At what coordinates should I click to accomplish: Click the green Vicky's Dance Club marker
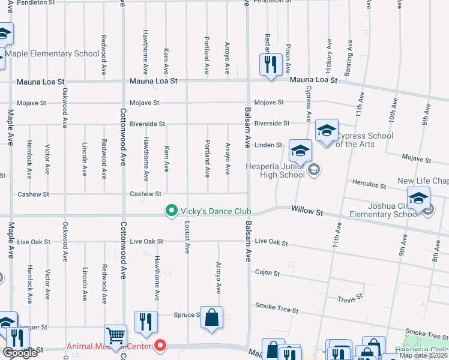pos(172,211)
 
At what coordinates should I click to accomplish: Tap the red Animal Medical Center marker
pos(160,346)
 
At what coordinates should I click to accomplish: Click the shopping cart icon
pos(116,336)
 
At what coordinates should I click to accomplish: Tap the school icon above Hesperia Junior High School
pos(300,150)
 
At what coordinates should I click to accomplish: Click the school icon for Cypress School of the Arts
pos(326,130)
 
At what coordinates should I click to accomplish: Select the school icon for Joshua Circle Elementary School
pos(418,198)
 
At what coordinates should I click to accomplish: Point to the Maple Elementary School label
pos(53,54)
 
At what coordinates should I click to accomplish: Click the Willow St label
pos(307,211)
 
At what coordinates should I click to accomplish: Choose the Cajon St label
pos(268,274)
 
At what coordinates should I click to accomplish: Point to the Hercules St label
pos(369,185)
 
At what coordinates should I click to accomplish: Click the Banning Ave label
pos(348,58)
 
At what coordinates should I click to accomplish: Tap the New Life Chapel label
pos(423,181)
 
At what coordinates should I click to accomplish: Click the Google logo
pos(20,353)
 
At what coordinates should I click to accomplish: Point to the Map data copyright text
pos(423,355)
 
